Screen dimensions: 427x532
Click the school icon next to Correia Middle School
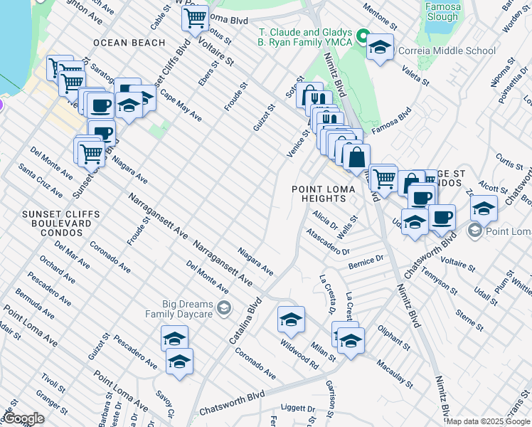point(381,48)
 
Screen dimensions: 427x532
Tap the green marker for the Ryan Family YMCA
point(363,37)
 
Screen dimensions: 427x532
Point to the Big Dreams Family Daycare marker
point(224,307)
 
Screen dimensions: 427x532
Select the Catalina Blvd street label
point(245,321)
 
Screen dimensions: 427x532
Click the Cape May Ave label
point(180,105)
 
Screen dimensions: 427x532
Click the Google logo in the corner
point(23,418)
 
